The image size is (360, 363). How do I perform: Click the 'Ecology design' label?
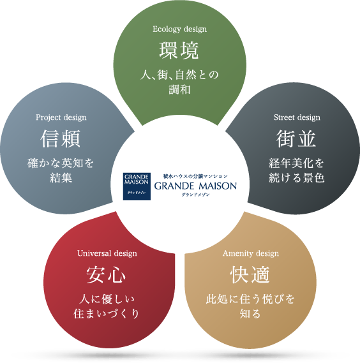click(180, 29)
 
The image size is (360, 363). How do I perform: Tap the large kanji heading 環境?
click(179, 50)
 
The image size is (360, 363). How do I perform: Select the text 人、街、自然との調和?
click(179, 82)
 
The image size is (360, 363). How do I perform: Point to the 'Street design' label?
click(297, 117)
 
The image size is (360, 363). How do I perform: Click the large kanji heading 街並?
click(296, 138)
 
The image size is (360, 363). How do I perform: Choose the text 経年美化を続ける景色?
click(297, 170)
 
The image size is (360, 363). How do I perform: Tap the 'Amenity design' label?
click(251, 253)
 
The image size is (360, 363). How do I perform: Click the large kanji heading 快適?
click(250, 274)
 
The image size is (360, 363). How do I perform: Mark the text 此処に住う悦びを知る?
click(250, 306)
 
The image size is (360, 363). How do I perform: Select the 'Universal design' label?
click(107, 253)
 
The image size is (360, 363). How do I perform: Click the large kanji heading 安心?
click(106, 274)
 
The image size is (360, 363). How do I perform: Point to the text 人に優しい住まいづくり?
click(107, 306)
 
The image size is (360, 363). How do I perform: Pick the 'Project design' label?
click(61, 117)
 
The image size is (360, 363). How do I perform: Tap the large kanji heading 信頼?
click(60, 138)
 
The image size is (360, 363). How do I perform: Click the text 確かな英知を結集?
click(61, 170)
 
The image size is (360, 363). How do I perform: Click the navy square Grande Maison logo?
click(137, 186)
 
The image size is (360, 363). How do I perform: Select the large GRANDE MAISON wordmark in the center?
click(195, 186)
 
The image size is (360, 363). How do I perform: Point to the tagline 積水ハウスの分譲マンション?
click(195, 177)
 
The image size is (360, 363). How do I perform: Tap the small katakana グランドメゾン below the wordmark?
click(195, 195)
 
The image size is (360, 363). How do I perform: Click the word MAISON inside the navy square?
click(137, 182)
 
